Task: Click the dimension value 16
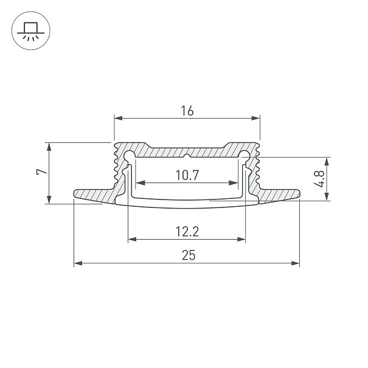187,111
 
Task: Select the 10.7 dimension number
187,175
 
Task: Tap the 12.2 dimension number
187,232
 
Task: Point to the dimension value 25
189,255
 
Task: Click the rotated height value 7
41,172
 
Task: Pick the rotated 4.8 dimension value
319,179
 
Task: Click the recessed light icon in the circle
31,32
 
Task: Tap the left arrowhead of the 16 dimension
118,118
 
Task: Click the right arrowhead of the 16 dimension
256,118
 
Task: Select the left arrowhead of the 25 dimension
78,263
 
